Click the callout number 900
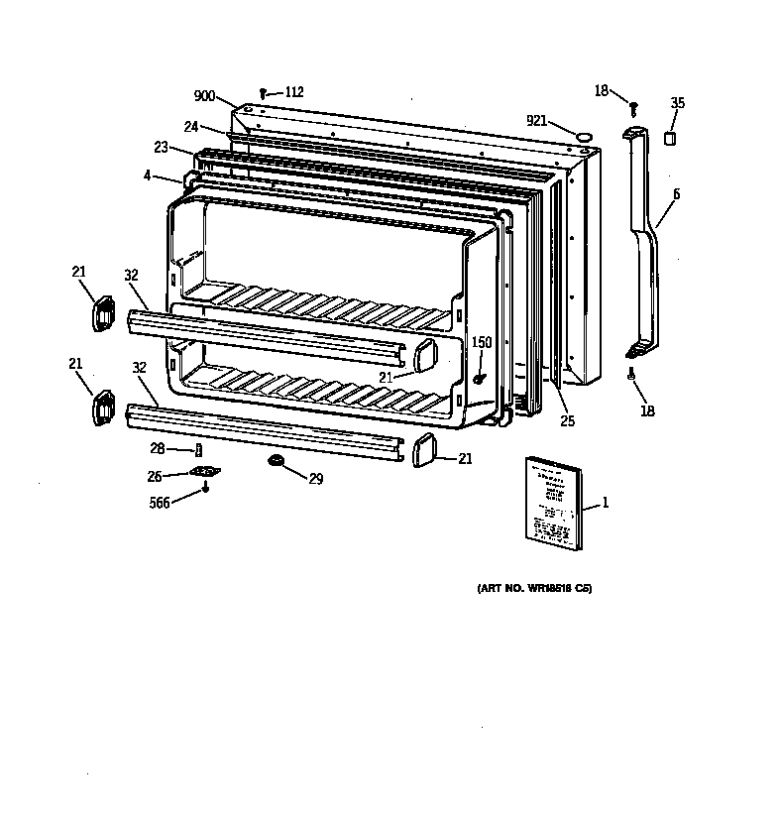204,96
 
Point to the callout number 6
676,193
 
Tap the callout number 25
566,421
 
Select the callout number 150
481,343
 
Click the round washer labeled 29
275,462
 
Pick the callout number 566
158,503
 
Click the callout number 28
157,449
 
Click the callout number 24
190,126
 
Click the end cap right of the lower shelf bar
421,448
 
